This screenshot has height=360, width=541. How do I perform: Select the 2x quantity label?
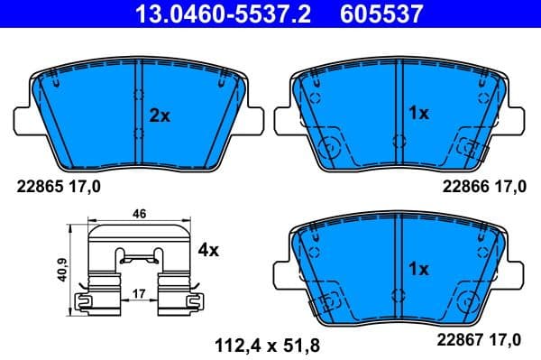pyautogui.click(x=159, y=115)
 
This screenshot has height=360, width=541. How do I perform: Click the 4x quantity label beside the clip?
pyautogui.click(x=208, y=250)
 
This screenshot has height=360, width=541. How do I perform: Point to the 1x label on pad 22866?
pyautogui.click(x=418, y=113)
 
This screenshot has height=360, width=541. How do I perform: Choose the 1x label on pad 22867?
pyautogui.click(x=418, y=269)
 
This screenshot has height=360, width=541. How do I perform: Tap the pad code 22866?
pyautogui.click(x=464, y=187)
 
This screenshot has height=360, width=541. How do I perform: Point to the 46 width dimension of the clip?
pyautogui.click(x=140, y=214)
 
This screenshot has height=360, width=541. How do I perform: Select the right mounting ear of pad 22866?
pyautogui.click(x=512, y=117)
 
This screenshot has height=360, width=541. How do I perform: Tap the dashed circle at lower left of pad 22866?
pyautogui.click(x=332, y=144)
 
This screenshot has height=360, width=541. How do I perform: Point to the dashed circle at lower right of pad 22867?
pyautogui.click(x=467, y=298)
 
